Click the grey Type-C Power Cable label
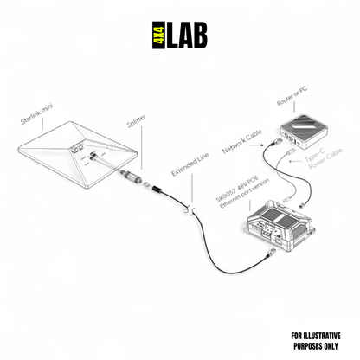coord(324,161)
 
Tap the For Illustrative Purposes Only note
coord(316,338)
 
